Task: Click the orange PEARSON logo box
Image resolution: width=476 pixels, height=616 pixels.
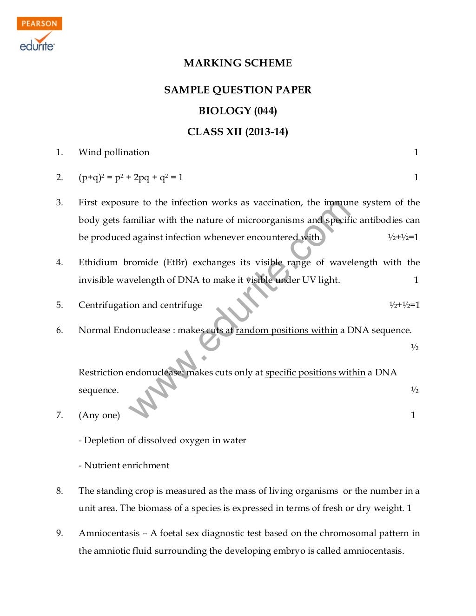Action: [40, 24]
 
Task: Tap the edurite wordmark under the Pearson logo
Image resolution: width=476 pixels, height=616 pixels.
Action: [37, 46]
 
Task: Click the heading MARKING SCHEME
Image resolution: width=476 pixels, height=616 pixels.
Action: [238, 63]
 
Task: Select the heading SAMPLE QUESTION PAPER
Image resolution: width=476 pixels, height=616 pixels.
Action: [238, 90]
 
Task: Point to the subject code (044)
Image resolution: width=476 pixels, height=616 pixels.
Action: [265, 111]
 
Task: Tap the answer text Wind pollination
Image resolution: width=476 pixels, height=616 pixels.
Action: [114, 152]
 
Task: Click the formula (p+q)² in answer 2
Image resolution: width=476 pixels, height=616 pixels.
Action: [92, 177]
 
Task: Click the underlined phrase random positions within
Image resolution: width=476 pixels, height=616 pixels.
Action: [286, 330]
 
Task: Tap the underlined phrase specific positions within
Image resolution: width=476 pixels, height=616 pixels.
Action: [315, 373]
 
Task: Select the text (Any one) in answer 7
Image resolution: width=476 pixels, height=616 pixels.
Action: [99, 415]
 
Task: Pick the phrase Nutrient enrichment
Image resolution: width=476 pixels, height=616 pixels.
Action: [126, 465]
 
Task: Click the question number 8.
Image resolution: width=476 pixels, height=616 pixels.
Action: [59, 491]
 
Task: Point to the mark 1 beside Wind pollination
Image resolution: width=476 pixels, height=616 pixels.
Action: [416, 152]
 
